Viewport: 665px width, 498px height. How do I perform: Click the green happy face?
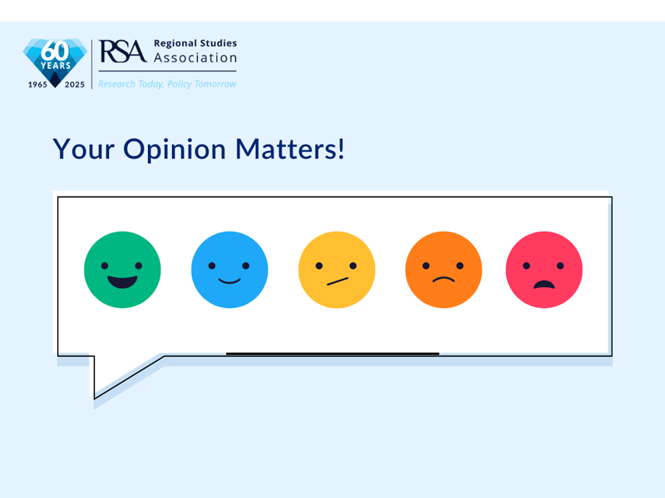[122, 270]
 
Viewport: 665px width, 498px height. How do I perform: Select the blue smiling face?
[229, 270]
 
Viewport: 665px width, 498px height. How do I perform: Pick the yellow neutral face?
[337, 270]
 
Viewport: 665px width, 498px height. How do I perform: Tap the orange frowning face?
[444, 270]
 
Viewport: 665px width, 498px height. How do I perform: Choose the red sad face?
[544, 270]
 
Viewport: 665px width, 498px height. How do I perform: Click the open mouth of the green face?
[122, 282]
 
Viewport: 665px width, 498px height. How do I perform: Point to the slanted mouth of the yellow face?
[337, 281]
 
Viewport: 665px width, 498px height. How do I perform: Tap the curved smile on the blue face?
[229, 281]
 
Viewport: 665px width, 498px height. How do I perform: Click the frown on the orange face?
[444, 279]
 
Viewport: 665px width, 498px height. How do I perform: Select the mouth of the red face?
[544, 285]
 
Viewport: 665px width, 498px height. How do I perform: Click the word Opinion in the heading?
[175, 150]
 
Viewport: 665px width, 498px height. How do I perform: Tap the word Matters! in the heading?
[290, 149]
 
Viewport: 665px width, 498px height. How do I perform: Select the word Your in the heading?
[84, 149]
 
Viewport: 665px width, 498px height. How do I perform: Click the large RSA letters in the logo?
[122, 51]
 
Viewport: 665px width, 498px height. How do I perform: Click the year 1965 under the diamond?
[37, 85]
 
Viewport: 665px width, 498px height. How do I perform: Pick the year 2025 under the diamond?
[75, 85]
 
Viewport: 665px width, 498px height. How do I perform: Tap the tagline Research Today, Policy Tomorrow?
[167, 85]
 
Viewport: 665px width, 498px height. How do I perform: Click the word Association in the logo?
[195, 57]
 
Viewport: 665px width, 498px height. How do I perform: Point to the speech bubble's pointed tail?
[95, 398]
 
